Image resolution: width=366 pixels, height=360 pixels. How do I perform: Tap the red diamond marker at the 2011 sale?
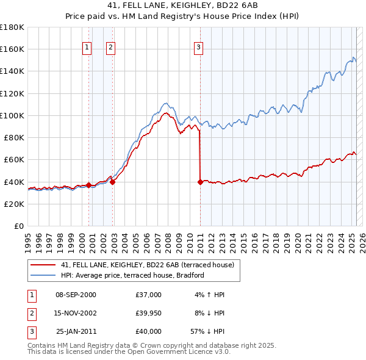coord(200,182)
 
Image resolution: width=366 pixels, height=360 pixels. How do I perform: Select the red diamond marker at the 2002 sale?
coord(113,181)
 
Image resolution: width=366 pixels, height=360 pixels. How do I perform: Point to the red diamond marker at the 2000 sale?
coord(89,185)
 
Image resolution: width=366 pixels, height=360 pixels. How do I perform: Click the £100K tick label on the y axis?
coord(12,115)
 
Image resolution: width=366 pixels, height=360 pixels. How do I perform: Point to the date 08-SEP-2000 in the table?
coord(76,295)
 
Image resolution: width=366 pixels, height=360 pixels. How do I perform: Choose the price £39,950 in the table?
coord(149,313)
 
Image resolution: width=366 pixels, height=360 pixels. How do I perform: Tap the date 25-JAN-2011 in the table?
coord(76,331)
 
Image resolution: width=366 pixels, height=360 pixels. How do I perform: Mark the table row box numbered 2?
coord(32,313)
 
